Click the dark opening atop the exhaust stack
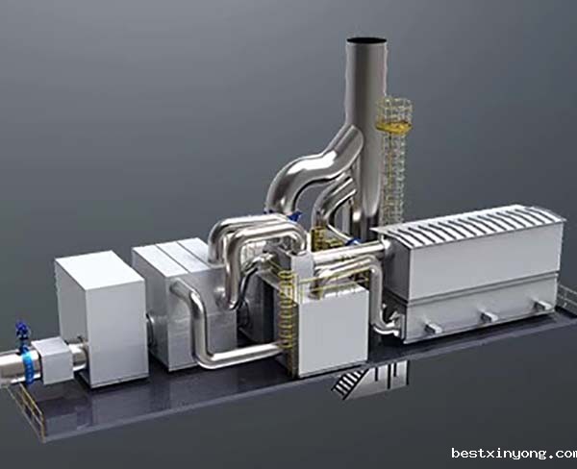[367, 40]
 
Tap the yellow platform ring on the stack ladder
[393, 127]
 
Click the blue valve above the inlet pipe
[21, 332]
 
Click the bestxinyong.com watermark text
[514, 454]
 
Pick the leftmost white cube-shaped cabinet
[101, 318]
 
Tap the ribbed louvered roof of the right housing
[467, 224]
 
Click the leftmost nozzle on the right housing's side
[433, 328]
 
